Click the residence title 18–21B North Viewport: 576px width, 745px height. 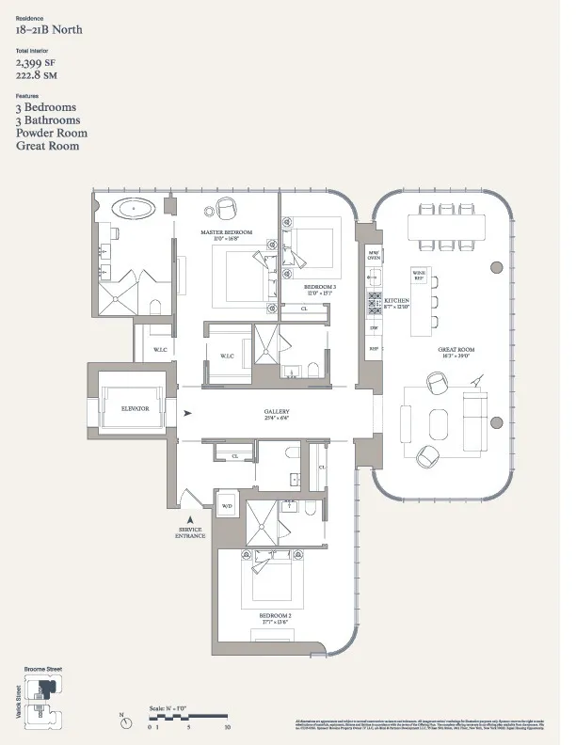(x=48, y=30)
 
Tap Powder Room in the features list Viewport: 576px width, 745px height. (x=48, y=134)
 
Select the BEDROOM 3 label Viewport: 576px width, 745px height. (x=321, y=288)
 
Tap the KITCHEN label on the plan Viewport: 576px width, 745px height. (x=396, y=302)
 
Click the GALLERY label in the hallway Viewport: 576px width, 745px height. (x=276, y=412)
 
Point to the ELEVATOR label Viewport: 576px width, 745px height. (x=136, y=408)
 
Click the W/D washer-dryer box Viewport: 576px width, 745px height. (x=226, y=506)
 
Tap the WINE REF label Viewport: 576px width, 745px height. (x=419, y=275)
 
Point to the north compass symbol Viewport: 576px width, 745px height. (x=123, y=719)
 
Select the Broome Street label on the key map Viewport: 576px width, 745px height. (x=42, y=669)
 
